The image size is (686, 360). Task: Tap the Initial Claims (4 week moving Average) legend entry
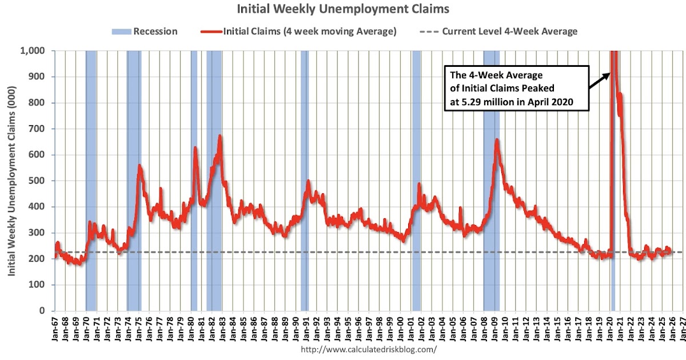coord(300,31)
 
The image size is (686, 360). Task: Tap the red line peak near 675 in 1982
coord(220,136)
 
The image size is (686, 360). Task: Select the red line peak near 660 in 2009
coord(497,140)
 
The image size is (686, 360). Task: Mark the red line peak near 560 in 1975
coord(139,166)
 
